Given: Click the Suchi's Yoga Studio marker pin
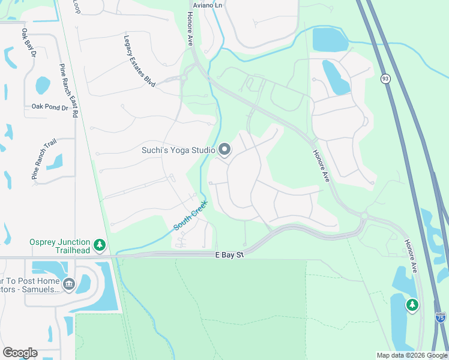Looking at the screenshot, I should pos(224,149).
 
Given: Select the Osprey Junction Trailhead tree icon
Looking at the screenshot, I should pos(100,245).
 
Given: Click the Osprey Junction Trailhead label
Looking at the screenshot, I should pos(59,245).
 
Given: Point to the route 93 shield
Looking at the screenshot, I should pos(385,79).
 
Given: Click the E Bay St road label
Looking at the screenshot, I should pos(231,255).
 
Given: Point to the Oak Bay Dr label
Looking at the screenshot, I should pos(28,44).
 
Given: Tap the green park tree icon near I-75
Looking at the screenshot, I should pos(412,305).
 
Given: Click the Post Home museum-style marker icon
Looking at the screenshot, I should pos(68,283).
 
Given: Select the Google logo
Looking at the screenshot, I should pos(20,353).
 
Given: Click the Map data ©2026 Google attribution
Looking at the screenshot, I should pos(412,355).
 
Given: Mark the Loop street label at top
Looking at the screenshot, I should pos(76,6).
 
